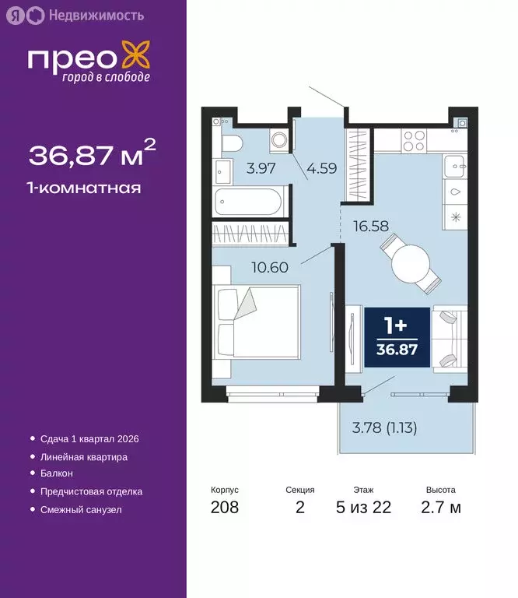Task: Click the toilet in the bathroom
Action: click(231, 142)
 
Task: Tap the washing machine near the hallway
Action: click(279, 141)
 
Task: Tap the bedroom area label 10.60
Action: click(270, 267)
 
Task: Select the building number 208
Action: click(225, 508)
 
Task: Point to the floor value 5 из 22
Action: click(363, 508)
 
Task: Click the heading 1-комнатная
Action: click(85, 188)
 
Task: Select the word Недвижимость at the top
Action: click(96, 15)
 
